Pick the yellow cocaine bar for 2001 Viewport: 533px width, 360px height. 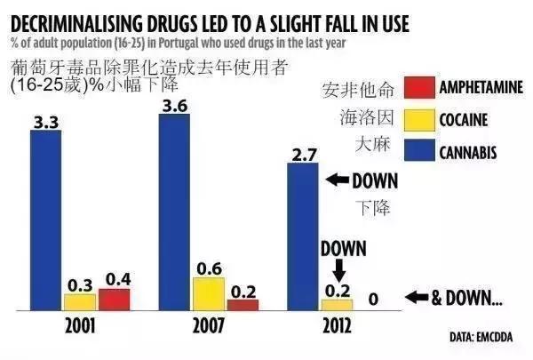click(x=81, y=301)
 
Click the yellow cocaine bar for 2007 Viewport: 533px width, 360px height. click(x=210, y=293)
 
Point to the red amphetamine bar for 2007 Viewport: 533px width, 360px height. click(x=242, y=304)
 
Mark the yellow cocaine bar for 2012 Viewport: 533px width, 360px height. click(x=336, y=304)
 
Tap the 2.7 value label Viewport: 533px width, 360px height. click(x=303, y=155)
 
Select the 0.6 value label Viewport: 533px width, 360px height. click(x=210, y=268)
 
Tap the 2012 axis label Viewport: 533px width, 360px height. click(x=334, y=325)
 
